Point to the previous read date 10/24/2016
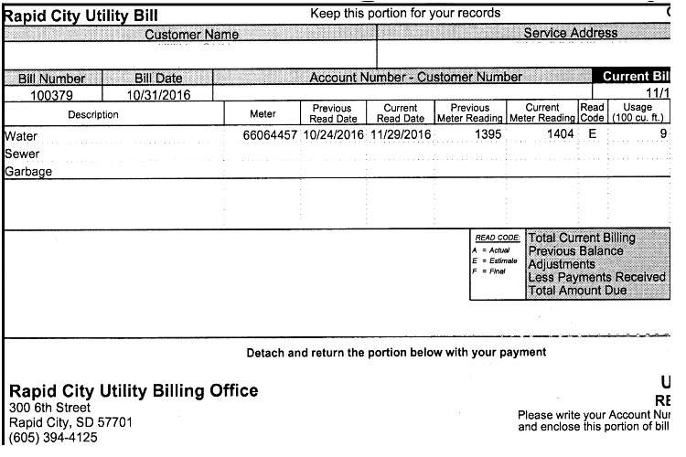click(333, 135)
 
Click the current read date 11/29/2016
click(401, 135)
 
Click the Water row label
click(22, 136)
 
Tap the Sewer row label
click(23, 154)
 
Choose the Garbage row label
click(28, 171)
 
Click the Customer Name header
click(192, 34)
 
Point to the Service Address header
click(570, 33)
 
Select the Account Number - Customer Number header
click(416, 77)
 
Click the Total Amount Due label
click(577, 290)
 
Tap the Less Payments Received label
click(596, 277)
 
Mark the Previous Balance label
click(575, 250)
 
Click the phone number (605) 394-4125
click(52, 438)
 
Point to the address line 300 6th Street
click(49, 408)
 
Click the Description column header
click(93, 114)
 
